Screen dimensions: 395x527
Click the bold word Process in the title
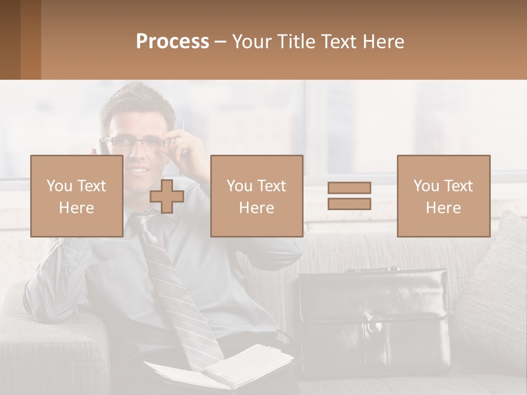tap(172, 42)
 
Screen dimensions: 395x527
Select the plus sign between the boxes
tap(167, 196)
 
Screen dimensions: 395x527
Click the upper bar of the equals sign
tap(349, 188)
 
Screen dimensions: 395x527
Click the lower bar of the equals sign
tap(349, 204)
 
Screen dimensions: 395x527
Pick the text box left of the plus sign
tap(76, 196)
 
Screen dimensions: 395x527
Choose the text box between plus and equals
tap(256, 196)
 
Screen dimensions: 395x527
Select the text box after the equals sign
tap(443, 196)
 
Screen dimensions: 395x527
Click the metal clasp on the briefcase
tap(375, 324)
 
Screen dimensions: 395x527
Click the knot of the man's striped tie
tap(144, 222)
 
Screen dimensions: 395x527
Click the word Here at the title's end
tap(384, 42)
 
